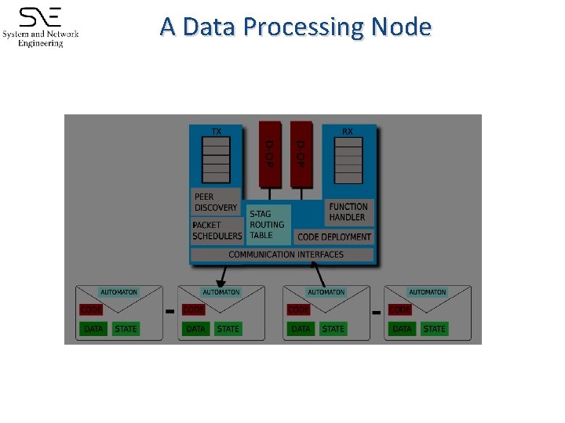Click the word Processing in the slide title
pyautogui.click(x=304, y=27)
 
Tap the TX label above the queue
pyautogui.click(x=217, y=131)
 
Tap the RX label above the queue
pyautogui.click(x=347, y=131)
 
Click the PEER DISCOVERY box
pyautogui.click(x=215, y=202)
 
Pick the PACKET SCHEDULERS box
pyautogui.click(x=217, y=230)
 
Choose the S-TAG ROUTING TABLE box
pyautogui.click(x=268, y=224)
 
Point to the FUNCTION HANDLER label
pyautogui.click(x=348, y=211)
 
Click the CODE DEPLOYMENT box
pyautogui.click(x=334, y=237)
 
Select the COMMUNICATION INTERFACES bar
pyautogui.click(x=286, y=255)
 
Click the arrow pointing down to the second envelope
pyautogui.click(x=223, y=276)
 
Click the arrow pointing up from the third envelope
pyautogui.click(x=320, y=274)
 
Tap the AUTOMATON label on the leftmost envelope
pyautogui.click(x=118, y=292)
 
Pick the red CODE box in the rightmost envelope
pyautogui.click(x=400, y=310)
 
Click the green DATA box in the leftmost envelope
pyautogui.click(x=93, y=329)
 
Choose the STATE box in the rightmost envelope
pyautogui.click(x=434, y=329)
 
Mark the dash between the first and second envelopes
pyautogui.click(x=169, y=312)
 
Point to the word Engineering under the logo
pyautogui.click(x=41, y=44)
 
